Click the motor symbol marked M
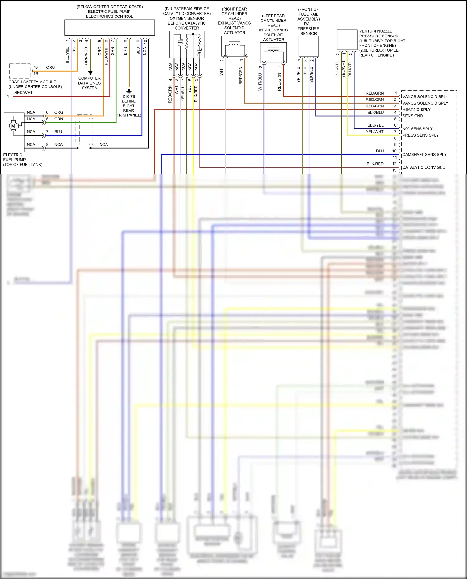point(13,126)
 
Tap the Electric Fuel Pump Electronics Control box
point(110,28)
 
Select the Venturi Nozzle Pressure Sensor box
point(347,40)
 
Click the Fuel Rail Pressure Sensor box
point(309,46)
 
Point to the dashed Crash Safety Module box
point(20,71)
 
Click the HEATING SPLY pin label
point(416,110)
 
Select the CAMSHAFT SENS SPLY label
point(424,155)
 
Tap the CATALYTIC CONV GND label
point(424,167)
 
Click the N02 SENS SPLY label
point(417,129)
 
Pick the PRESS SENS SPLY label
point(420,135)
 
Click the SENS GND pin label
point(413,116)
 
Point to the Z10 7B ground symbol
point(129,91)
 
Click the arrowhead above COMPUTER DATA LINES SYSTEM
point(90,73)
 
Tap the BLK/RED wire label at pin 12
point(375,164)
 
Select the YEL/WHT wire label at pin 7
point(375,132)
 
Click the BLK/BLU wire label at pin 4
point(375,113)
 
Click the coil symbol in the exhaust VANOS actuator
point(234,45)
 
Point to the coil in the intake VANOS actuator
point(273,50)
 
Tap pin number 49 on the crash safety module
point(35,68)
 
